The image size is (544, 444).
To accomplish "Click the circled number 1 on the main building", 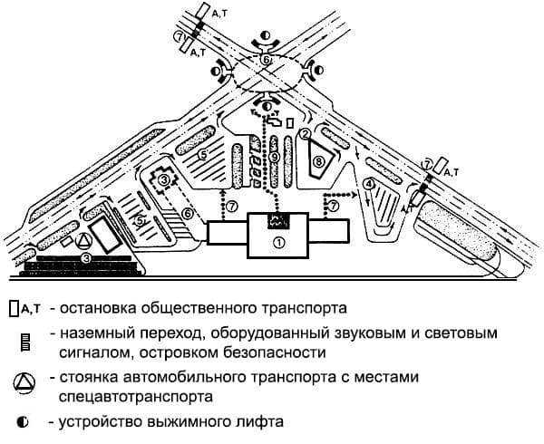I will pos(279,242).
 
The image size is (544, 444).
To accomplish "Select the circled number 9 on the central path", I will pos(273,157).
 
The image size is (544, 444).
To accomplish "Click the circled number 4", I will pos(368,184).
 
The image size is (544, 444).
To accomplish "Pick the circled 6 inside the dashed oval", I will pos(266,60).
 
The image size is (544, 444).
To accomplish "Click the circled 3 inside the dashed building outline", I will pos(163,180).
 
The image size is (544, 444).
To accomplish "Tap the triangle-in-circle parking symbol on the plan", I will pos(83,239).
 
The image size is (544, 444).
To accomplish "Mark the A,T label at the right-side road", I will pos(450,169).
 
